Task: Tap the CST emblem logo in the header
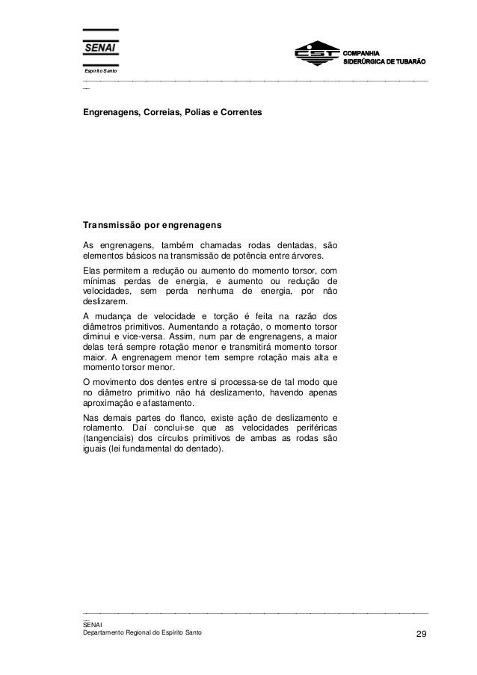pyautogui.click(x=316, y=55)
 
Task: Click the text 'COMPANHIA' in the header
pyautogui.click(x=362, y=51)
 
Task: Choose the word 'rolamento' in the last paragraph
pyautogui.click(x=102, y=428)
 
